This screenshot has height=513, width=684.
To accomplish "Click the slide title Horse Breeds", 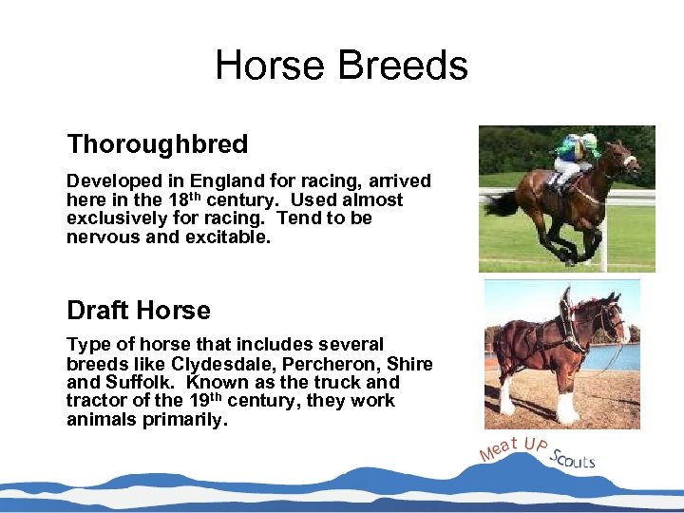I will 341,66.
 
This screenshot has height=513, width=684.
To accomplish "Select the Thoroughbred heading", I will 157,144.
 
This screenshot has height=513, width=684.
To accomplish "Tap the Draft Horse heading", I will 139,311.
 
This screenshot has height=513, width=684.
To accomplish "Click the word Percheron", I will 313,364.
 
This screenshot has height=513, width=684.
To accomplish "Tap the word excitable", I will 231,237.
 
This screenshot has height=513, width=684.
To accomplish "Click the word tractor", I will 94,401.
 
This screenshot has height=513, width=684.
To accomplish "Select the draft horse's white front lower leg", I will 567,405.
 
